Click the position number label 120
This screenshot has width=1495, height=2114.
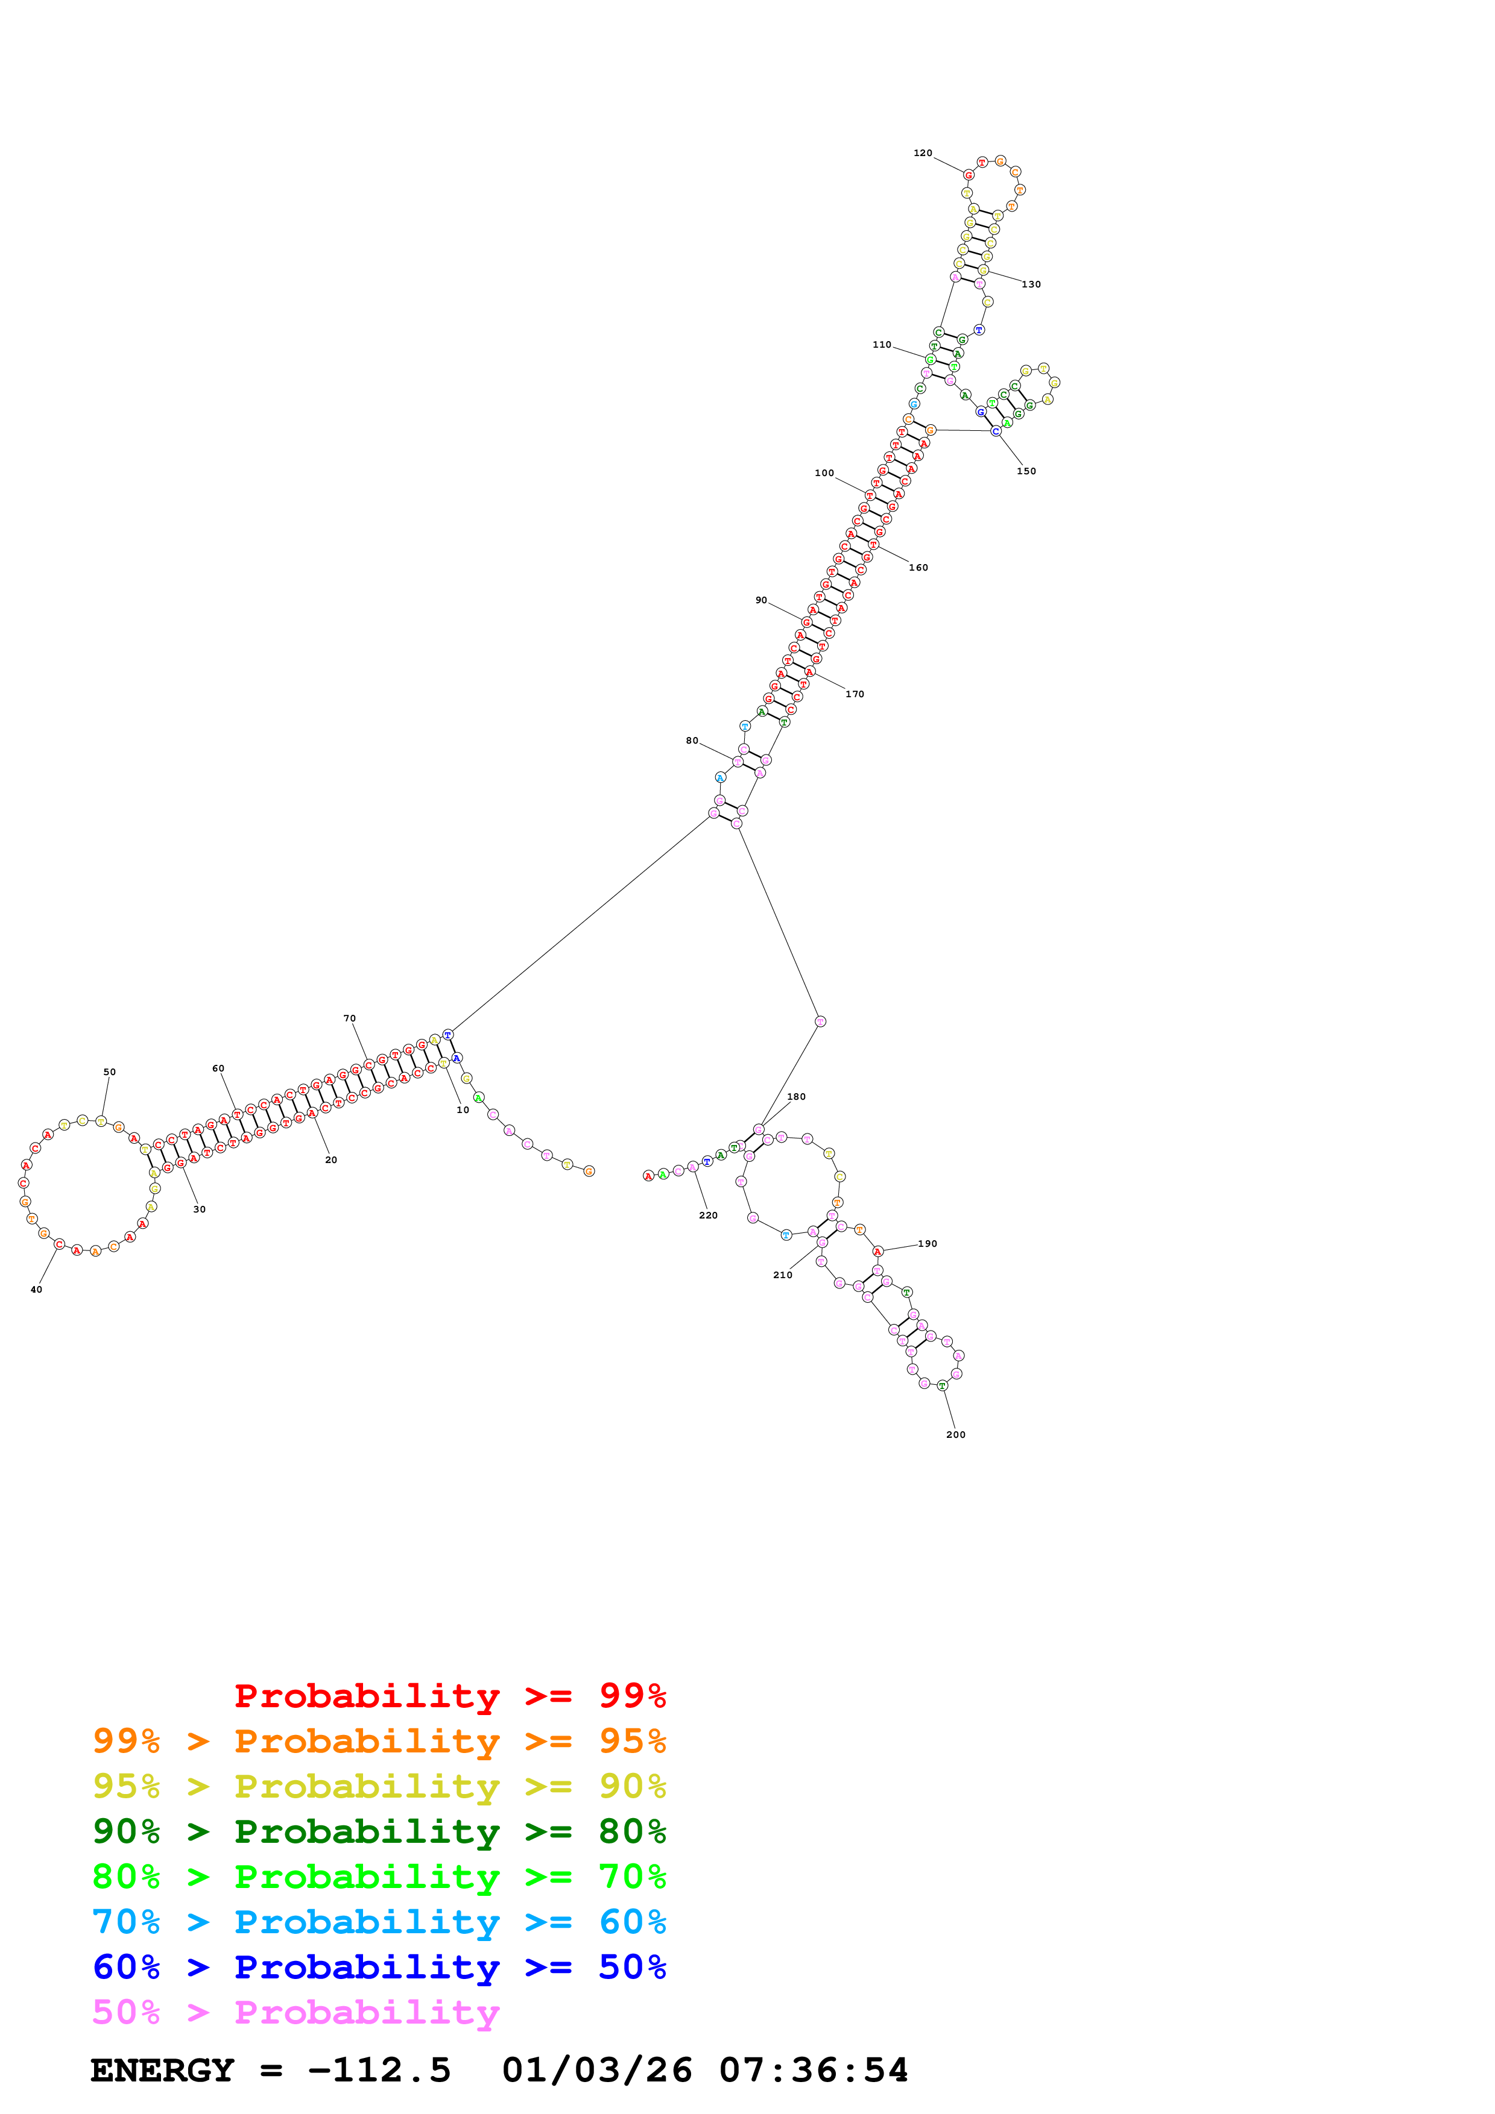pos(922,153)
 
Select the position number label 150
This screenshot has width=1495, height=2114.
pos(1026,471)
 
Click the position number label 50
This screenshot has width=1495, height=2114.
pos(110,1071)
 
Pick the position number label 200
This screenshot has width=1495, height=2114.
pos(956,1434)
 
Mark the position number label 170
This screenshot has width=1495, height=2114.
pos(855,694)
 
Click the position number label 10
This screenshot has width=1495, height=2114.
pos(463,1109)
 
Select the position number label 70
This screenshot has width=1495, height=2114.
pos(349,1018)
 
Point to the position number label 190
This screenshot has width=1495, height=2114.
pos(928,1244)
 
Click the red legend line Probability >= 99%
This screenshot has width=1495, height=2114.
pos(449,1695)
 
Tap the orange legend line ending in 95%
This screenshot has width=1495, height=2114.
pos(379,1741)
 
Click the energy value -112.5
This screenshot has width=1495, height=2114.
pos(379,2070)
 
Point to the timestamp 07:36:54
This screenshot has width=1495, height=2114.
pos(814,2070)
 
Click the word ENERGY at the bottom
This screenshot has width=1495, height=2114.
pos(162,2070)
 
